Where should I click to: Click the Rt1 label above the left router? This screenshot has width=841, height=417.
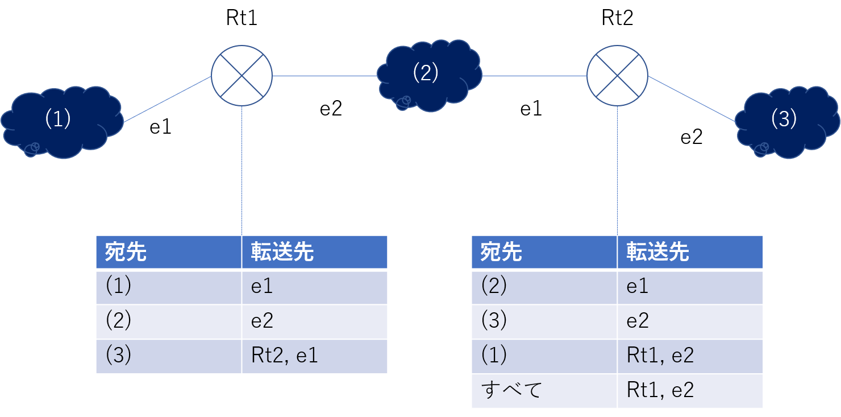[242, 18]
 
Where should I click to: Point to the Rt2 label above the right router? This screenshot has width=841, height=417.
[617, 18]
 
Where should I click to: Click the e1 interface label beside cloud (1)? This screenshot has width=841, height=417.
[160, 127]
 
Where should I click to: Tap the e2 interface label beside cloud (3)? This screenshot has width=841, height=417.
[691, 137]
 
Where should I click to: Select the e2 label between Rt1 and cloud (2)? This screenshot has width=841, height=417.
[331, 109]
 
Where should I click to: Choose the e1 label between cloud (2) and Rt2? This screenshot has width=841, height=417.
[531, 109]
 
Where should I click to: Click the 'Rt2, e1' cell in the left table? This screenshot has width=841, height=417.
[314, 356]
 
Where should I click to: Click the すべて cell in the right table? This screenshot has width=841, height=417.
[544, 391]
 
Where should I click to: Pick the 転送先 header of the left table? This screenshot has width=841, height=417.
[314, 252]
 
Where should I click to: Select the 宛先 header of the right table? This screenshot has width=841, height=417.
[544, 252]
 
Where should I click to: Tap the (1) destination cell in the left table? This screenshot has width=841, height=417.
[169, 287]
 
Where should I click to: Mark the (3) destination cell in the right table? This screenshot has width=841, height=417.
[544, 321]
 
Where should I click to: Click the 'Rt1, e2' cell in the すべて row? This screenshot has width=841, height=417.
[690, 391]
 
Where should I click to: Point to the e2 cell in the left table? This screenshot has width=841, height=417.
[314, 321]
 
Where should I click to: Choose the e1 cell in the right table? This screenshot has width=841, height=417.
[690, 287]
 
